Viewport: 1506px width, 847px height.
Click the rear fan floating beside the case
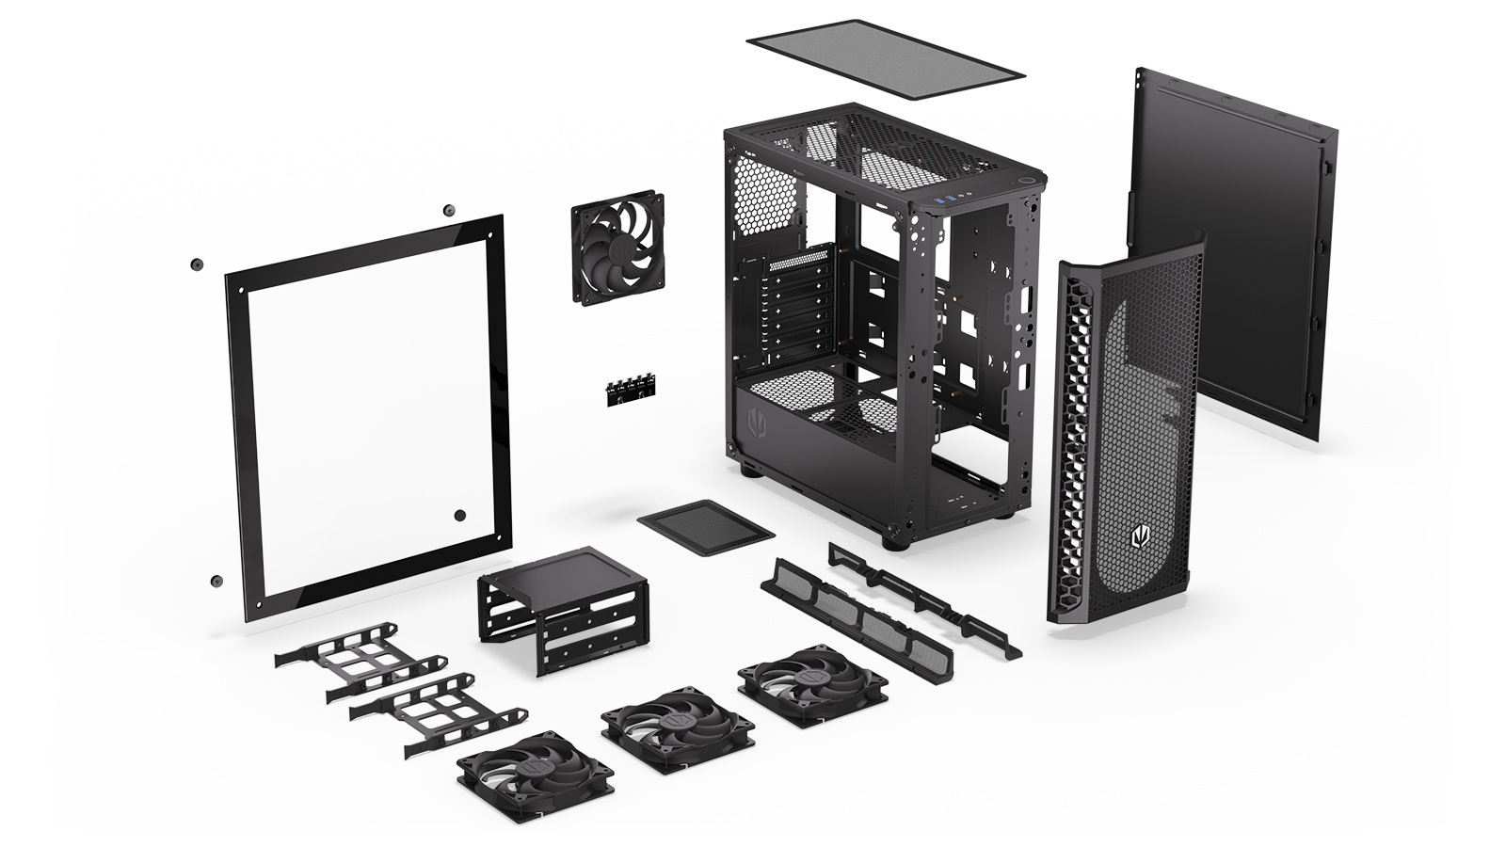point(617,248)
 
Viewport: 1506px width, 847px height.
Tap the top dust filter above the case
point(884,57)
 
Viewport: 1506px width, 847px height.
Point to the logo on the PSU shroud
point(756,423)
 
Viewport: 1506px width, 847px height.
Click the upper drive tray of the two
point(362,658)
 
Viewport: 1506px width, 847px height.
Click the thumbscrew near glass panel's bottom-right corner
point(459,515)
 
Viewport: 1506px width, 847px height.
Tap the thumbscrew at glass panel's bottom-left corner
point(217,581)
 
